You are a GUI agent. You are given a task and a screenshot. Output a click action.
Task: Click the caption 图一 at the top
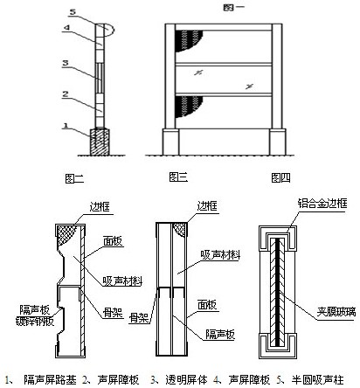pos(233,7)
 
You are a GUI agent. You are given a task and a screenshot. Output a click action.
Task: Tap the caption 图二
pos(74,178)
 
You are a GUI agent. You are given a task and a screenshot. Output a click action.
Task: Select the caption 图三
pos(178,177)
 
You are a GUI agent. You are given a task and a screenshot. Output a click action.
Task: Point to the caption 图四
pos(280,177)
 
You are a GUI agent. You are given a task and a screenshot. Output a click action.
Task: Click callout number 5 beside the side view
pos(73,12)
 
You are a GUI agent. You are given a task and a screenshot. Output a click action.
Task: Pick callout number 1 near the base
pos(66,126)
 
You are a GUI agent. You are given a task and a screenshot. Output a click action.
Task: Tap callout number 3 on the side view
pos(66,63)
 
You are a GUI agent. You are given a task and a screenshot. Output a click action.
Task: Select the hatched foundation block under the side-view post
pos(100,142)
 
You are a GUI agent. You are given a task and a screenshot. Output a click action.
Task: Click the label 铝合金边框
pos(322,204)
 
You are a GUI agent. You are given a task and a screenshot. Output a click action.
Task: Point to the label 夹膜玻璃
pos(336,312)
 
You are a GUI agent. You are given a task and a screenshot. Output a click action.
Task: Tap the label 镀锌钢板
pos(35,322)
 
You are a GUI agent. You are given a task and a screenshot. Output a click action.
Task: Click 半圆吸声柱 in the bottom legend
pos(317,380)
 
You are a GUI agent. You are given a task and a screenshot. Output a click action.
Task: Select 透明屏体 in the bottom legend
pos(187,380)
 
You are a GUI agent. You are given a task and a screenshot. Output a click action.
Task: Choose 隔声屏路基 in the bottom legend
pos(50,380)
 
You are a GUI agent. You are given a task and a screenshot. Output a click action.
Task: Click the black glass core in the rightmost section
pos(278,292)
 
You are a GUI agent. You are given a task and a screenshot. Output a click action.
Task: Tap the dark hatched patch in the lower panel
pos(189,107)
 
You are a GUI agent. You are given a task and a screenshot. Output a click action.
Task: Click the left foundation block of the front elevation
pos(170,142)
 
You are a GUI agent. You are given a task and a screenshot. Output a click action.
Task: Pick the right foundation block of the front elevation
pos(278,142)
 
